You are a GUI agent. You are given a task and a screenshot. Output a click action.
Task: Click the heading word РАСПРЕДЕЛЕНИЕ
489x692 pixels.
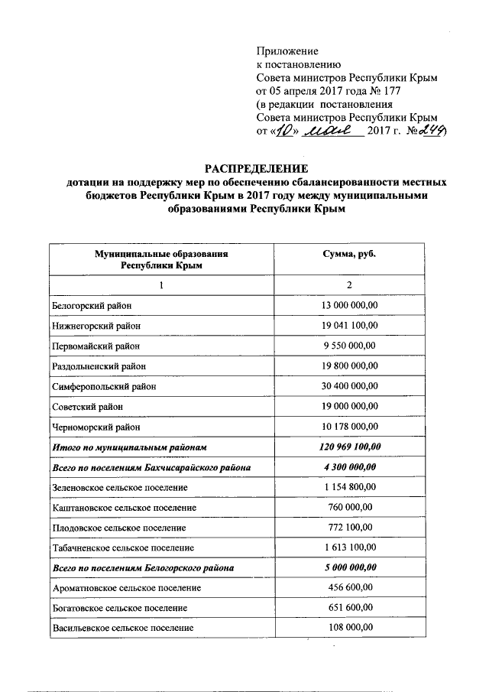(x=255, y=168)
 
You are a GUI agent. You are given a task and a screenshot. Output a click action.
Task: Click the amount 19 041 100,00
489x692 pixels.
(x=351, y=325)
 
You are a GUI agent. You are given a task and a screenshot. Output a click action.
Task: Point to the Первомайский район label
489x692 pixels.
(x=97, y=345)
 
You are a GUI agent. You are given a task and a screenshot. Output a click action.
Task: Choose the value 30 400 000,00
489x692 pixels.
(x=351, y=385)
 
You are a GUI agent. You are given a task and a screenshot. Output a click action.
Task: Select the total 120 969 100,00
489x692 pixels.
(x=351, y=446)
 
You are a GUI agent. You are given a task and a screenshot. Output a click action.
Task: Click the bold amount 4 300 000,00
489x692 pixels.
(x=351, y=466)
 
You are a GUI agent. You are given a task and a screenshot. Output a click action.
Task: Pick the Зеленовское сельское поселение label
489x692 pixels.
(x=121, y=486)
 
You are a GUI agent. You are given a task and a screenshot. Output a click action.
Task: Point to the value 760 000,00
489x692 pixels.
(x=351, y=506)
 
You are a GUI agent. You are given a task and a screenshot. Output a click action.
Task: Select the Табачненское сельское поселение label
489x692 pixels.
(x=123, y=547)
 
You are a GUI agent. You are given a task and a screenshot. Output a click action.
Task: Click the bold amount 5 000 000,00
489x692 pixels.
(x=351, y=567)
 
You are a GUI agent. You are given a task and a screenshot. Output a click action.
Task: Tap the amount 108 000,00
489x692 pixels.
(x=351, y=628)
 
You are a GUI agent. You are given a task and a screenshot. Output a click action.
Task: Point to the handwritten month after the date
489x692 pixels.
(x=333, y=131)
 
